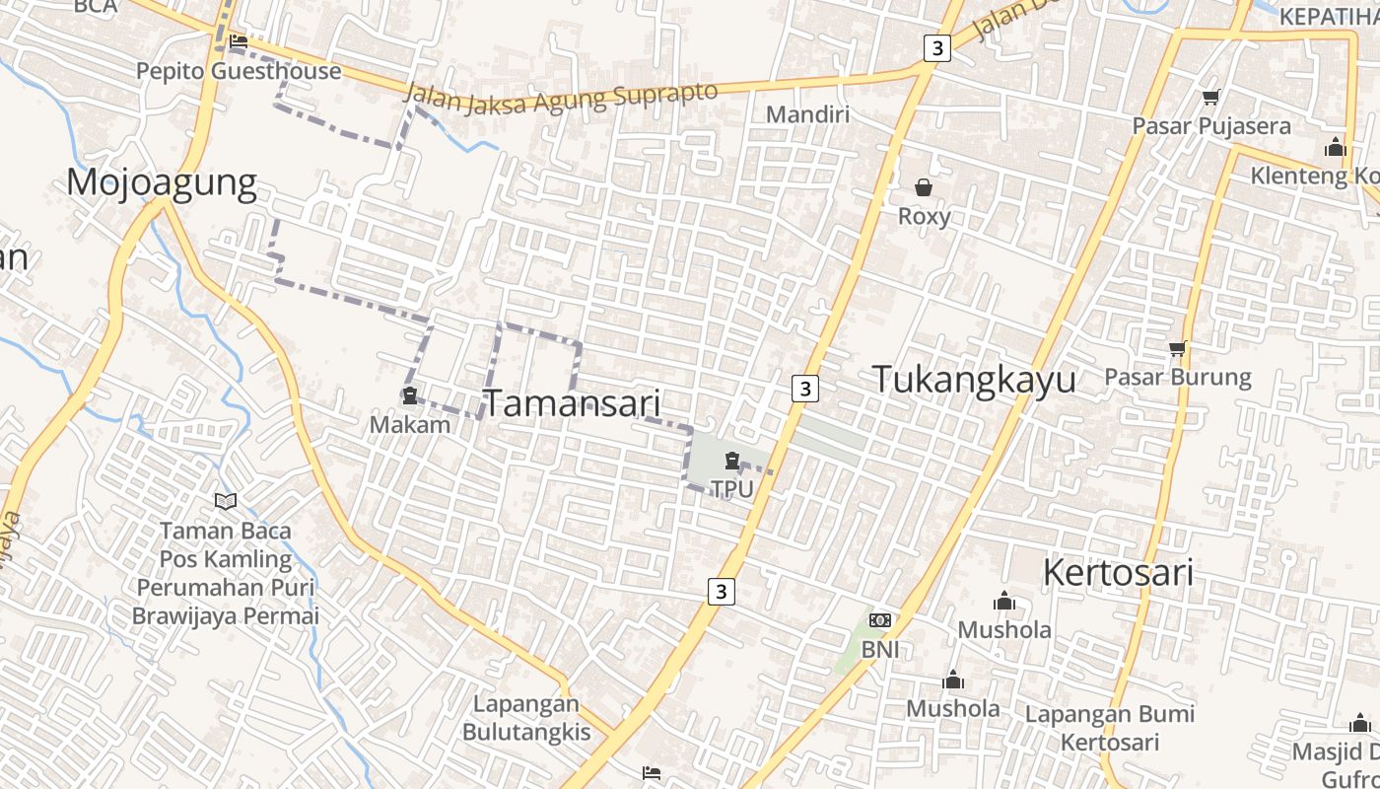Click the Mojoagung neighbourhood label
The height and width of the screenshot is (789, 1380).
[x=162, y=183]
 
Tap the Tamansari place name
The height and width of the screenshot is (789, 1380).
[x=572, y=403]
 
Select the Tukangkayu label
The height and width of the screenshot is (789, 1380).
[x=974, y=380]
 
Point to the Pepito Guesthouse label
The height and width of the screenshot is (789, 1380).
[x=239, y=71]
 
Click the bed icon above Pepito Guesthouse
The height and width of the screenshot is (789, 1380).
[x=239, y=42]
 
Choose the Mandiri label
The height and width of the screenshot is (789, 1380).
[x=807, y=114]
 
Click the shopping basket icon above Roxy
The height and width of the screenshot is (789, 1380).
[x=924, y=187]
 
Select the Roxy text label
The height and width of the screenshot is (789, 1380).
[x=925, y=216]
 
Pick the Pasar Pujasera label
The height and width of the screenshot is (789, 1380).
[x=1211, y=126]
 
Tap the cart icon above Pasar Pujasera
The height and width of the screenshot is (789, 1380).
[x=1211, y=97]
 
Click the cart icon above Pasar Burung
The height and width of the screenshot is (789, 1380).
[x=1177, y=348]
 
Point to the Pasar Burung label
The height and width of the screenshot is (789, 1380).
[x=1178, y=377]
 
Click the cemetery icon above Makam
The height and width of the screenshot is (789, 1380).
[x=409, y=395]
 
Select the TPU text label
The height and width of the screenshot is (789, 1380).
[x=732, y=488]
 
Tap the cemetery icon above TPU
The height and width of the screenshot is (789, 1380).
[x=732, y=460]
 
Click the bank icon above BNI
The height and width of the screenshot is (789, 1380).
[x=880, y=620]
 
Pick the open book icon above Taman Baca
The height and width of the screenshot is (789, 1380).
[x=226, y=501]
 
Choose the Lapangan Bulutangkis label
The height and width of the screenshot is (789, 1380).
[x=526, y=718]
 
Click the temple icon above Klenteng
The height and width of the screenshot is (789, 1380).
[x=1336, y=147]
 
